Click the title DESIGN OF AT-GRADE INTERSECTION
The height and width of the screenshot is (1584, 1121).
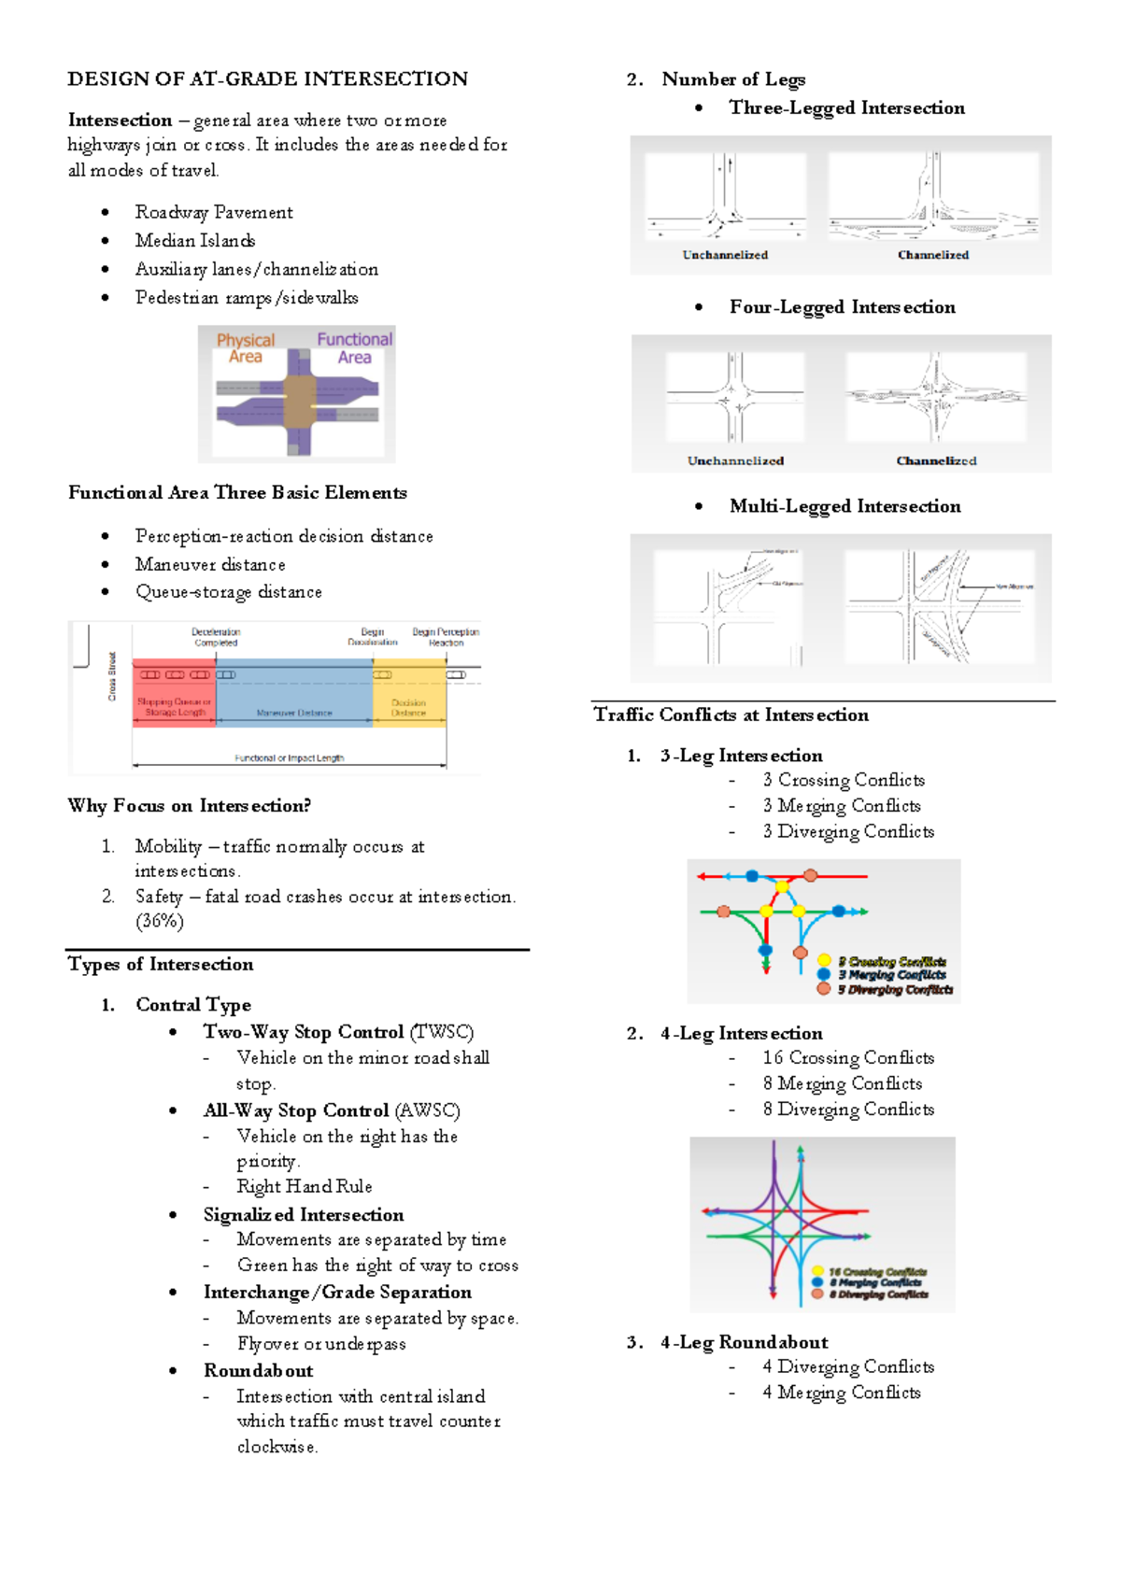click(x=267, y=79)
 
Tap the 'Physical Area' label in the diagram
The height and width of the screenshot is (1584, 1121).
click(x=246, y=348)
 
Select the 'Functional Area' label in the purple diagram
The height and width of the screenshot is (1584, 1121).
click(x=354, y=348)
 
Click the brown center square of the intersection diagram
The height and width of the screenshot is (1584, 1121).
click(x=300, y=402)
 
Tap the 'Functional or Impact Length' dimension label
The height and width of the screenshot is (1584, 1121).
click(x=290, y=757)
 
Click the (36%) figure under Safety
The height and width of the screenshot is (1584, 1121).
click(x=160, y=921)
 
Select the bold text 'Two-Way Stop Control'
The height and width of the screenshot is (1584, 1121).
click(x=304, y=1032)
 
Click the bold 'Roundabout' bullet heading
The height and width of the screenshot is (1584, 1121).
click(x=259, y=1370)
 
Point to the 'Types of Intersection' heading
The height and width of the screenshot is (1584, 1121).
click(x=161, y=964)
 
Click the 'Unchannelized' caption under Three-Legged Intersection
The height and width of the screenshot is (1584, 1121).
click(x=725, y=255)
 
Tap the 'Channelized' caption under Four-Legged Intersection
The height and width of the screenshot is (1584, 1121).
click(x=936, y=460)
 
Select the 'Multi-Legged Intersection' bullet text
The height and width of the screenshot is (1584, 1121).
click(x=844, y=506)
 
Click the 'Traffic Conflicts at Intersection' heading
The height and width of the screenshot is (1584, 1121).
click(x=731, y=714)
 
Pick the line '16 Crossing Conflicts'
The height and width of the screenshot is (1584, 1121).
click(x=848, y=1057)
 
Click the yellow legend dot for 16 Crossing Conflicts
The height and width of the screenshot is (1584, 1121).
click(x=817, y=1271)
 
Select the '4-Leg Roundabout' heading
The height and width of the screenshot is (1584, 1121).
click(x=745, y=1342)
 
